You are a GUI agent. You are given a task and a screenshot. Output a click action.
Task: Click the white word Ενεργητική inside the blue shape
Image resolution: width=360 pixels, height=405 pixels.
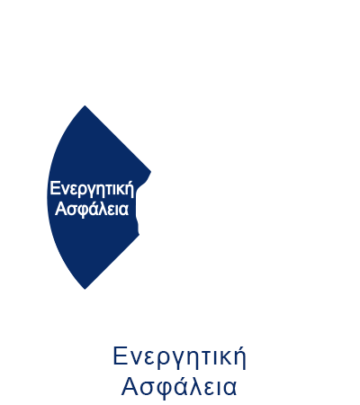(92, 190)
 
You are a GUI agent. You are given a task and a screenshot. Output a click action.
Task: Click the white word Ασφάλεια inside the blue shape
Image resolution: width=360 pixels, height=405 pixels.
(92, 209)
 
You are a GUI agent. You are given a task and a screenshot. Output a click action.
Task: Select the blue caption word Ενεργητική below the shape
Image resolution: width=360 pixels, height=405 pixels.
(179, 357)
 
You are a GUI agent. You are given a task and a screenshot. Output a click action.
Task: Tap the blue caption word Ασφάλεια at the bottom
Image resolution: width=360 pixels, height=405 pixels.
(179, 387)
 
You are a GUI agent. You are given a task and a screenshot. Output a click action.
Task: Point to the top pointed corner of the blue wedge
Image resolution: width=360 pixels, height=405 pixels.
(85, 105)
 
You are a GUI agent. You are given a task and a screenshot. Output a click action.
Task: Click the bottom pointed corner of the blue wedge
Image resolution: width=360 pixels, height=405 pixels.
(85, 289)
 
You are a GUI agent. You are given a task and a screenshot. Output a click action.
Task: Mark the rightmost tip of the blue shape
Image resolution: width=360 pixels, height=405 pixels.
(150, 172)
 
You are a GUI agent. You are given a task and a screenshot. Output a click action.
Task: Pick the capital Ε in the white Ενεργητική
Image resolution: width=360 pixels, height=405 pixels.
(54, 188)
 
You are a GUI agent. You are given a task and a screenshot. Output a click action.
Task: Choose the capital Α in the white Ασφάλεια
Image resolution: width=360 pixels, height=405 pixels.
(61, 209)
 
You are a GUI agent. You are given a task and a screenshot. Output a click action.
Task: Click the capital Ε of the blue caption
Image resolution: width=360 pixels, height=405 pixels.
(119, 355)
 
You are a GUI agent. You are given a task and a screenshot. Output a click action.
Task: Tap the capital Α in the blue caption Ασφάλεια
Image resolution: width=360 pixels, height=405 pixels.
(130, 387)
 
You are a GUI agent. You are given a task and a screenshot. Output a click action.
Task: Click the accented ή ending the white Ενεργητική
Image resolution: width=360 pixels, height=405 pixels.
(130, 190)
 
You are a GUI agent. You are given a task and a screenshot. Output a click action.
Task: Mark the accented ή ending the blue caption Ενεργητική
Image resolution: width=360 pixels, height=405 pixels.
(240, 357)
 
